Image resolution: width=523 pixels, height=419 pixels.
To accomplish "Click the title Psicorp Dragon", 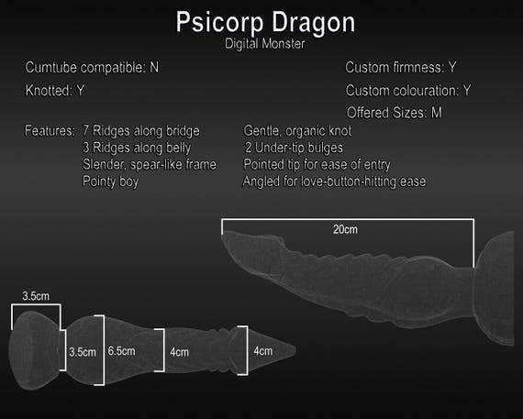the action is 265,23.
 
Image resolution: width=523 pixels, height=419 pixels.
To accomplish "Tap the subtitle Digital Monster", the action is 265,44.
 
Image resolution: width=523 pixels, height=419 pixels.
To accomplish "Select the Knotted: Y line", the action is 55,91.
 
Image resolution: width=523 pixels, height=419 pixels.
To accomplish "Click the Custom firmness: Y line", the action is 401,67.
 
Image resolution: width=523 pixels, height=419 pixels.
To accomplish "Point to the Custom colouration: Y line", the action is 408,91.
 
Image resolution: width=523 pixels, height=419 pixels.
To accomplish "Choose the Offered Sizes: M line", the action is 395,113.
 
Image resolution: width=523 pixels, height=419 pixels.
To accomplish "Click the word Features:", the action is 50,131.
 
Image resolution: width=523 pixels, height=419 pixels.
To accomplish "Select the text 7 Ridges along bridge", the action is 141,131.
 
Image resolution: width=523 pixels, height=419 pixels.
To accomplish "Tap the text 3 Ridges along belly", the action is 137,148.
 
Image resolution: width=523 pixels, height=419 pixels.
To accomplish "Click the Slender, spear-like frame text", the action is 150,165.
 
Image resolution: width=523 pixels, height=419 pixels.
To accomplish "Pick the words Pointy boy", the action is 110,182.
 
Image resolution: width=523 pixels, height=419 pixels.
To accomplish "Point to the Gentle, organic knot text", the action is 297,131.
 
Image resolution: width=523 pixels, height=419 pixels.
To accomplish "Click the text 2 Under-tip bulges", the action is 294,148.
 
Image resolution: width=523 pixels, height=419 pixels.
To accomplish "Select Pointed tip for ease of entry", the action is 317,165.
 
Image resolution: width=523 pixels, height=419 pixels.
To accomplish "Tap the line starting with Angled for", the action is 334,182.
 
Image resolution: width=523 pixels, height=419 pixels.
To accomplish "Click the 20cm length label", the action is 345,229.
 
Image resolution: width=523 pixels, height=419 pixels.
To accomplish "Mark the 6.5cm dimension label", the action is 121,351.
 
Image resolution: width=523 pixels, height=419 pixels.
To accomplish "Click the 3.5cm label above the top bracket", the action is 36,296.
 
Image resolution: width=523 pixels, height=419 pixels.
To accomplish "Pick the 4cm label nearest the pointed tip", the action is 263,351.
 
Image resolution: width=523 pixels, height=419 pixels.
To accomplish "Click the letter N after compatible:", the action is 154,67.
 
